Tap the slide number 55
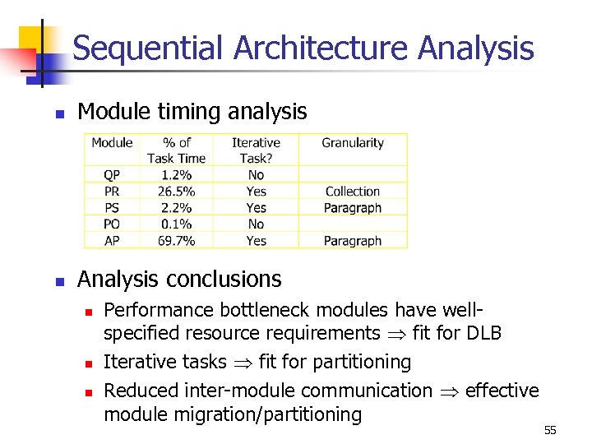[x=550, y=431]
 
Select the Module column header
[x=112, y=143]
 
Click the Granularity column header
[x=352, y=143]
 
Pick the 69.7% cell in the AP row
[x=176, y=241]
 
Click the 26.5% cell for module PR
[x=176, y=192]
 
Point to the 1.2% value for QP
[x=176, y=175]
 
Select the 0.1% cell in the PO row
[x=176, y=224]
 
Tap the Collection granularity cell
[x=352, y=192]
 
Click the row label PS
[x=112, y=208]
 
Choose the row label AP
[x=112, y=241]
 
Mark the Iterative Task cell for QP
[x=256, y=175]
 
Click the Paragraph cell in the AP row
[x=352, y=241]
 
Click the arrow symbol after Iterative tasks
[x=243, y=363]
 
